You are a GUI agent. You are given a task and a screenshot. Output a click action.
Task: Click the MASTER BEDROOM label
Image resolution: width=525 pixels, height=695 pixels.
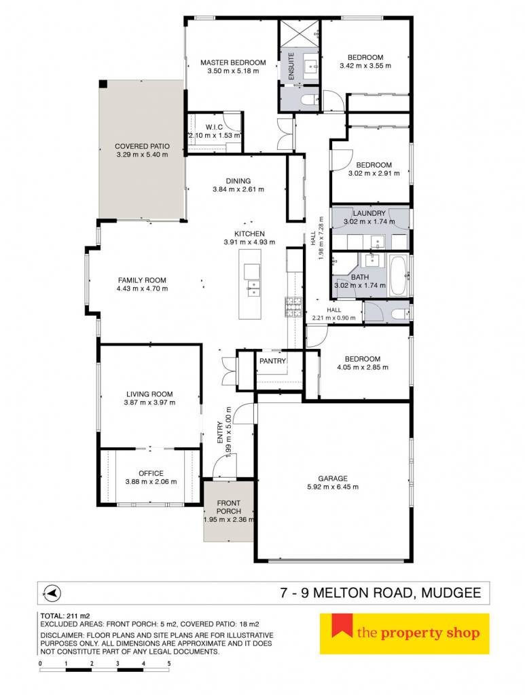pyautogui.click(x=233, y=62)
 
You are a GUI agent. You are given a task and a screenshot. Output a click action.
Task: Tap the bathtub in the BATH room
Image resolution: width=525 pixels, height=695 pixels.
pyautogui.click(x=399, y=275)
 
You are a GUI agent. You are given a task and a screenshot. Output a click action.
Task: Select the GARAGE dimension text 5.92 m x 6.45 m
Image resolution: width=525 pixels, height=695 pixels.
pyautogui.click(x=333, y=487)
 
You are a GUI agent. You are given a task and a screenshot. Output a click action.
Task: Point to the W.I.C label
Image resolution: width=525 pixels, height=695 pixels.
pyautogui.click(x=214, y=127)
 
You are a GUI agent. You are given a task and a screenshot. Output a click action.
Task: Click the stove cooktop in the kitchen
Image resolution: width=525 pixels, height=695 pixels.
pyautogui.click(x=292, y=307)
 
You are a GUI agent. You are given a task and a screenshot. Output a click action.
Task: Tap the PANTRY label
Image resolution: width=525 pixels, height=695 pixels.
pyautogui.click(x=273, y=361)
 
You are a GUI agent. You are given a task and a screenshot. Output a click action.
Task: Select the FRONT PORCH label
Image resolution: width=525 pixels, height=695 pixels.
pyautogui.click(x=229, y=507)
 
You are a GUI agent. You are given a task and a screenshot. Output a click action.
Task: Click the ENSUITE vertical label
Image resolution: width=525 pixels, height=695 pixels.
pyautogui.click(x=291, y=67)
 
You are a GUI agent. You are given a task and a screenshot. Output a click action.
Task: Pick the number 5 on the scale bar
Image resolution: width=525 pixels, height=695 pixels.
pyautogui.click(x=169, y=664)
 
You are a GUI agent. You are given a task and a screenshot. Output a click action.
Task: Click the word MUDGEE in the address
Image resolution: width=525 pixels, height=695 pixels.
pyautogui.click(x=451, y=593)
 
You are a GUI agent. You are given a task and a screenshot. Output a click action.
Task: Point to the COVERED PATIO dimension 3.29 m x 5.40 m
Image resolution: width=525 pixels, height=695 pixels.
pyautogui.click(x=143, y=155)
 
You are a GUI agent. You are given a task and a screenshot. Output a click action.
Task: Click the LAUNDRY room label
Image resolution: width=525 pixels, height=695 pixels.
pyautogui.click(x=369, y=213)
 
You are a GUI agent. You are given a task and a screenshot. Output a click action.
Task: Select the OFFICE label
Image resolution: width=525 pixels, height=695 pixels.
pyautogui.click(x=151, y=473)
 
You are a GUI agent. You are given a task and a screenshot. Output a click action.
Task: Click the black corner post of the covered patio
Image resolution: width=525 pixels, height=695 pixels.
pyautogui.click(x=103, y=83)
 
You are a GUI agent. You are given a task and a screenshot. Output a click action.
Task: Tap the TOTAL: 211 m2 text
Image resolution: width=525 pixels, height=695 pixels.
pyautogui.click(x=65, y=616)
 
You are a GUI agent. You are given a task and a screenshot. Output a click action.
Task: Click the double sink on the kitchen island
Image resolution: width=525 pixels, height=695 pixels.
pyautogui.click(x=253, y=288)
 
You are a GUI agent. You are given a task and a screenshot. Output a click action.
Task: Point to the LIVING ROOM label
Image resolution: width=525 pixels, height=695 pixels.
pyautogui.click(x=149, y=394)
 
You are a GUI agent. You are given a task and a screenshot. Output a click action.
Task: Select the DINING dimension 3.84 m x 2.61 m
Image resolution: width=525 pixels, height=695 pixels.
pyautogui.click(x=238, y=189)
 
